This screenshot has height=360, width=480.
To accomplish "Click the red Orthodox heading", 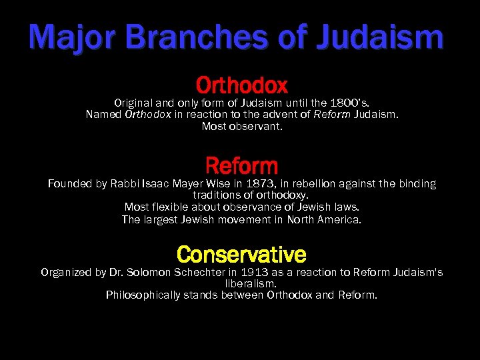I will point(241,85).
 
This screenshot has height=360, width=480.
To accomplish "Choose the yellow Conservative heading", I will point(241,254).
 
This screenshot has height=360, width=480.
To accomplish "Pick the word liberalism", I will point(241,283).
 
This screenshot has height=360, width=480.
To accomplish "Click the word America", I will point(338,219).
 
